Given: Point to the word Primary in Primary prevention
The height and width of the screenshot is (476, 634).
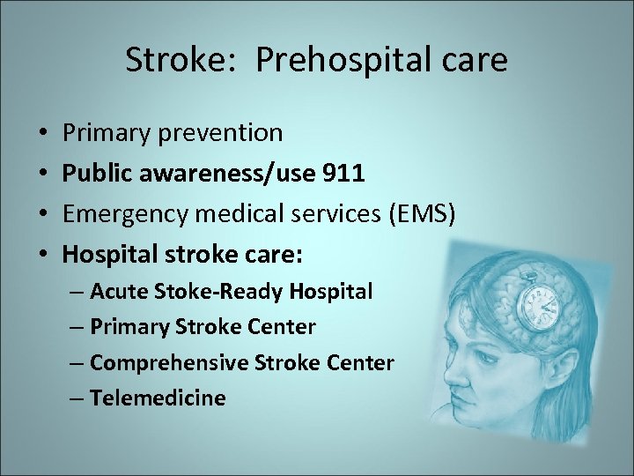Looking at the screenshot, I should [x=101, y=133].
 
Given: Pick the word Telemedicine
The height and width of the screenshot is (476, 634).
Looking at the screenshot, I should [x=158, y=398].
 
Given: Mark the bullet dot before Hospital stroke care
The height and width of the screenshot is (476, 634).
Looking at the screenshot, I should [x=43, y=256].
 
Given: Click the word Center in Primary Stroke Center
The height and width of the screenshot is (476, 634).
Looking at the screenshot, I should [x=284, y=327].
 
